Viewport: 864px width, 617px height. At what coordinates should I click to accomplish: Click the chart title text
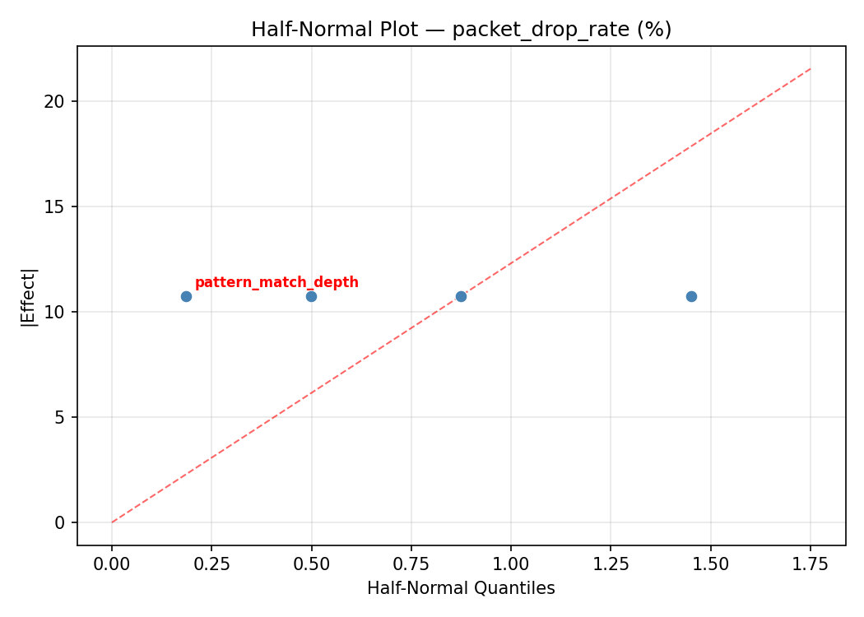click(461, 30)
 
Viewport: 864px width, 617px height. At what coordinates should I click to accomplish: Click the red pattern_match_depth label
click(276, 282)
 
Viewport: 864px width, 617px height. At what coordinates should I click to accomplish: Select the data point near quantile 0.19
click(186, 296)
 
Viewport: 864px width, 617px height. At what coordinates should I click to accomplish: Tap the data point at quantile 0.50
click(311, 296)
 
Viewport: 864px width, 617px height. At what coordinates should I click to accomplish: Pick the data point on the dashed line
click(461, 296)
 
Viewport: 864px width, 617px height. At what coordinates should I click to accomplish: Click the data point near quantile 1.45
click(691, 296)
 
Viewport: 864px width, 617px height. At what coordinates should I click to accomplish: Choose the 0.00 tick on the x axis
click(112, 564)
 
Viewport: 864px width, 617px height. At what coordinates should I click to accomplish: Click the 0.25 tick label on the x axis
click(211, 564)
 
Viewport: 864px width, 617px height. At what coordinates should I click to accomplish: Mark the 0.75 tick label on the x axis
click(411, 564)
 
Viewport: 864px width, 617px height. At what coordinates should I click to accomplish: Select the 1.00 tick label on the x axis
click(511, 564)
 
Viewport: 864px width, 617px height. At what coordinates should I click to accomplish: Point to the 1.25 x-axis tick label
click(611, 564)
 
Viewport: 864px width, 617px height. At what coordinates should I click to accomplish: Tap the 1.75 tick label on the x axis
click(810, 564)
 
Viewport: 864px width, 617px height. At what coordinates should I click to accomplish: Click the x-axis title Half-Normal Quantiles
click(461, 588)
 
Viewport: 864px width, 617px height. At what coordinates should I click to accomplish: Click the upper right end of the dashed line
click(810, 69)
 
